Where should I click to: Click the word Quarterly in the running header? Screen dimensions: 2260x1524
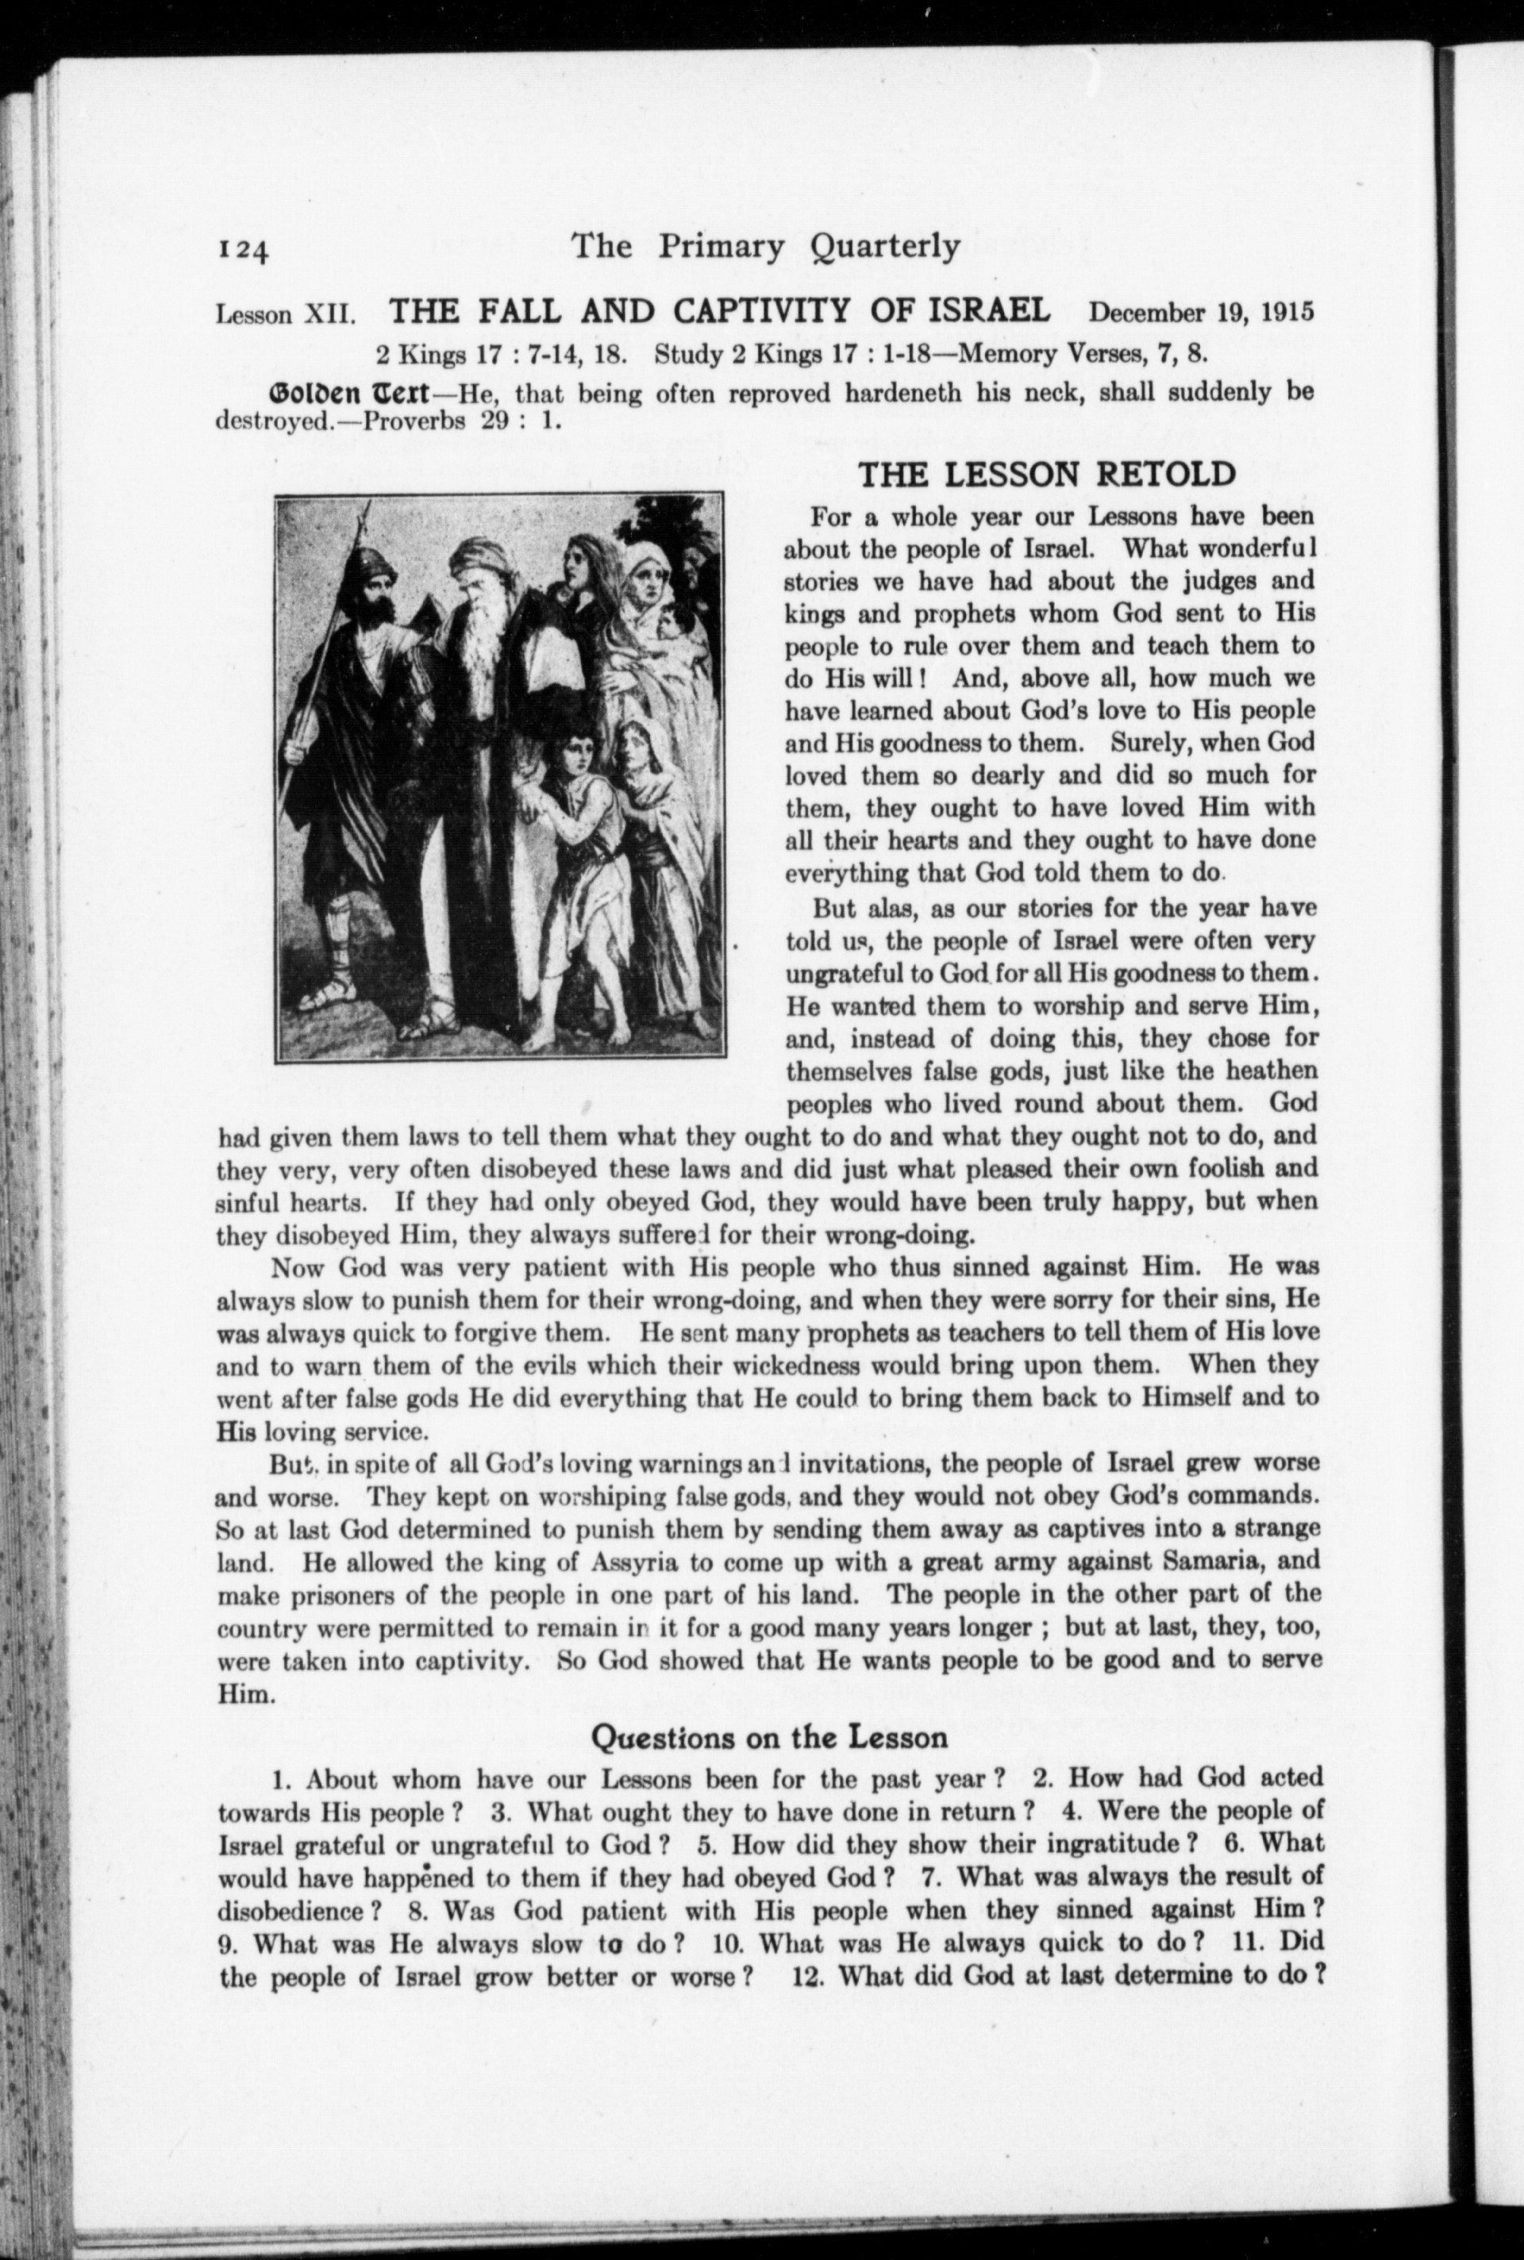pyautogui.click(x=883, y=247)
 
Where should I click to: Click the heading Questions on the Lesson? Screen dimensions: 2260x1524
pyautogui.click(x=769, y=1736)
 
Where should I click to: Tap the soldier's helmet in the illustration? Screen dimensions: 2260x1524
pyautogui.click(x=368, y=562)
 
